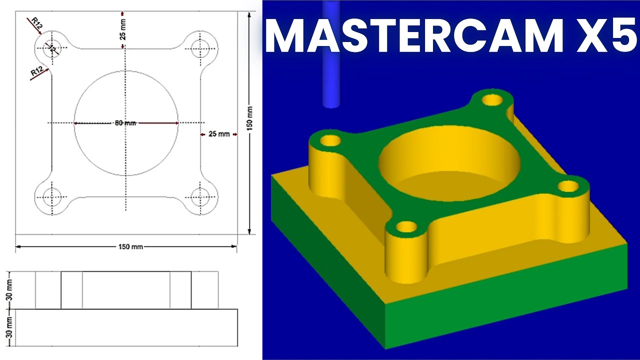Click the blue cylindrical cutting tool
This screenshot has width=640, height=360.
(x=331, y=55)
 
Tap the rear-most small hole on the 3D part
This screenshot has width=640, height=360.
(x=492, y=99)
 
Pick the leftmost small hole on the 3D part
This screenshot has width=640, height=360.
(x=329, y=140)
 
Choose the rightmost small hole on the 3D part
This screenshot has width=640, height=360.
(x=568, y=186)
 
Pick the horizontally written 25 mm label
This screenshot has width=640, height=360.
(x=218, y=134)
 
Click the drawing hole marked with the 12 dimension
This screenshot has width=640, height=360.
(x=51, y=48)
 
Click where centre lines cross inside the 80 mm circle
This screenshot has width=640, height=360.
(x=126, y=123)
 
